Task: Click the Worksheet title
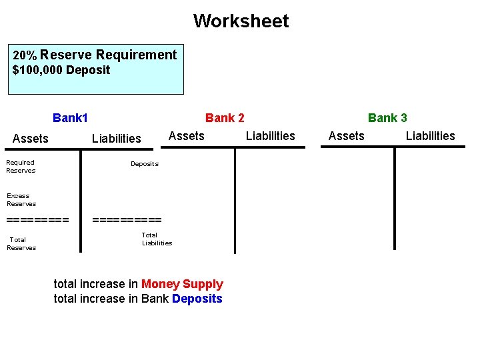point(241,21)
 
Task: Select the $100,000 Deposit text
point(61,70)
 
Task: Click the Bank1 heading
point(70,118)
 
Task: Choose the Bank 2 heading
point(225,118)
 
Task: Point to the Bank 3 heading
point(387,118)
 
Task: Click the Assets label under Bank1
point(31,139)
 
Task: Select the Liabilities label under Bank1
point(117,139)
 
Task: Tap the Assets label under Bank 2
point(187,136)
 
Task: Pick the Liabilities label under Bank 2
point(270,136)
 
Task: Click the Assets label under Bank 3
point(347,136)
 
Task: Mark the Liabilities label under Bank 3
point(430,136)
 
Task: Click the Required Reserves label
point(21,166)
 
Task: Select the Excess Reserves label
point(21,199)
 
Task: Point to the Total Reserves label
point(21,243)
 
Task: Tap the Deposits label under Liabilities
point(145,164)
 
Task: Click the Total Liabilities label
point(157,239)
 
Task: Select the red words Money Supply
point(182,284)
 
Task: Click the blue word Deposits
point(197,299)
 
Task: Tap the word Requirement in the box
point(136,55)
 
